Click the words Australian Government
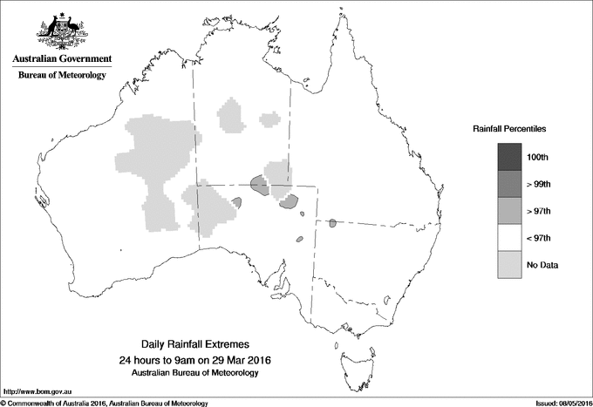(61, 59)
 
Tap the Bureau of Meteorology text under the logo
(61, 76)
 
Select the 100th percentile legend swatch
(509, 157)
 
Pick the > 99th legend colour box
(509, 184)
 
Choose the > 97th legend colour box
(509, 211)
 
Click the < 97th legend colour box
(509, 238)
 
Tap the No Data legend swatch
(509, 265)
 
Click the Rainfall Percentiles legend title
(509, 128)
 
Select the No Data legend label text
(543, 265)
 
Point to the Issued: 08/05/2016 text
(556, 403)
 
